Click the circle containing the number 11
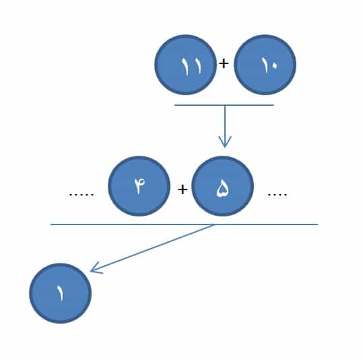(186, 65)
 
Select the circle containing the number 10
(265, 65)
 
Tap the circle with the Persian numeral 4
(139, 186)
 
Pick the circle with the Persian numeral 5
(223, 186)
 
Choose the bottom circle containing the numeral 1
(61, 293)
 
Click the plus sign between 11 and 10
(224, 63)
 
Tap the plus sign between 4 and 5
(183, 189)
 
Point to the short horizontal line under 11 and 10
(224, 105)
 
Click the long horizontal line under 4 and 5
(184, 224)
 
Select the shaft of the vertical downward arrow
(224, 125)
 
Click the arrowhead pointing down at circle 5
(225, 142)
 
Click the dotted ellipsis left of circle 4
(81, 195)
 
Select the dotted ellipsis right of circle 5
(277, 195)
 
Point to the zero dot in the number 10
(273, 66)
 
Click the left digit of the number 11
(185, 66)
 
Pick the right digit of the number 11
(197, 66)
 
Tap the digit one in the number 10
(265, 65)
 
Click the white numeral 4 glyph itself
(139, 185)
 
